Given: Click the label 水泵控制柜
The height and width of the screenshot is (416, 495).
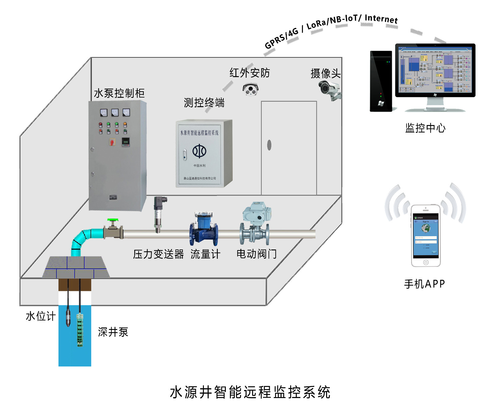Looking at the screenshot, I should click(x=119, y=93).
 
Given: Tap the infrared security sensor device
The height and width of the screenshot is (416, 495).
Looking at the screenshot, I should click(x=250, y=89).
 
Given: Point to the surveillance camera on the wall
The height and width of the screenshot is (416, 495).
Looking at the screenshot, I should click(x=329, y=89).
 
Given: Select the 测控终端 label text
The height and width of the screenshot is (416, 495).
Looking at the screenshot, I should click(x=204, y=103).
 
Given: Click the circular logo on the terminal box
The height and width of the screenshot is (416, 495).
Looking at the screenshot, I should click(x=199, y=151).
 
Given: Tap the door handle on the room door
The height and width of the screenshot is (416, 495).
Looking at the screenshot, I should click(x=269, y=145).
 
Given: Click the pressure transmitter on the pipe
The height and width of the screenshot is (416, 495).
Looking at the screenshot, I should click(x=159, y=214).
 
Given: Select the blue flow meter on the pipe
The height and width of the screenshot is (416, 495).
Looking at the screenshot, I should click(x=203, y=229).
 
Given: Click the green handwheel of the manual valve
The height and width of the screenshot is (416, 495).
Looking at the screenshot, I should click(x=113, y=220).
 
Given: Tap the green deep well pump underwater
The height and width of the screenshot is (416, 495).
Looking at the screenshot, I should click(x=80, y=330).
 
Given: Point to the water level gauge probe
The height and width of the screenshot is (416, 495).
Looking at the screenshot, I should click(x=68, y=317).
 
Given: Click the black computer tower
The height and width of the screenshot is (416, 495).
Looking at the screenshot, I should click(x=381, y=81).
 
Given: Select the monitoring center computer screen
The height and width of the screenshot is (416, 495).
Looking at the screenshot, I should click(x=435, y=70).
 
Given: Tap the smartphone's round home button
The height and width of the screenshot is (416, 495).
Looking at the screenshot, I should click(x=426, y=262).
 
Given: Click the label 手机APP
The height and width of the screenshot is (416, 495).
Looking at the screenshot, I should click(x=424, y=284).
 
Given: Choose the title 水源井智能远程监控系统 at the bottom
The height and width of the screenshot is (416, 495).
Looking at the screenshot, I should click(x=250, y=392).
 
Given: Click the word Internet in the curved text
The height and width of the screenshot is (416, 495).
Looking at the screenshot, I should click(x=381, y=19).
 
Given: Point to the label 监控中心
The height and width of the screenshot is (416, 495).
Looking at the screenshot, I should click(x=425, y=128).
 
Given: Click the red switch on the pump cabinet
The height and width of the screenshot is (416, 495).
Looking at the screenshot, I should click(x=112, y=142).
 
